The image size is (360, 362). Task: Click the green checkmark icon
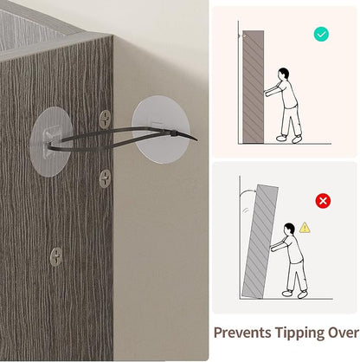(x=321, y=35)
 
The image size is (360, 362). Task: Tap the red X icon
(x=323, y=201)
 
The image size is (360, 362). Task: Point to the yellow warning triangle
(x=305, y=228)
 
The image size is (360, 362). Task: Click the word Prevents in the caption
(x=241, y=333)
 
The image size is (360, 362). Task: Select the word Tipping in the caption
(x=299, y=333)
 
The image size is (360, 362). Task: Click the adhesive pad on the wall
(x=161, y=130)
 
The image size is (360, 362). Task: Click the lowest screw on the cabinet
(x=56, y=256)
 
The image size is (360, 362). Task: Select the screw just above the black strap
(x=105, y=119)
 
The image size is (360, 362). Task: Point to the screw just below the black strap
(x=105, y=178)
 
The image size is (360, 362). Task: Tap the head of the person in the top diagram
(x=284, y=74)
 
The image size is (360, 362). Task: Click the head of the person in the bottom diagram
(x=289, y=228)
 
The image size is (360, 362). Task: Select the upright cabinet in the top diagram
(x=253, y=87)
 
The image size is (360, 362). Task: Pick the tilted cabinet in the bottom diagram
(x=260, y=242)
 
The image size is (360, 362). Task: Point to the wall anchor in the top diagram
(x=242, y=36)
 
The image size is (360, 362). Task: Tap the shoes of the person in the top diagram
(x=289, y=139)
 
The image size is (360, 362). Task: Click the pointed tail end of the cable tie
(x=197, y=140)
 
